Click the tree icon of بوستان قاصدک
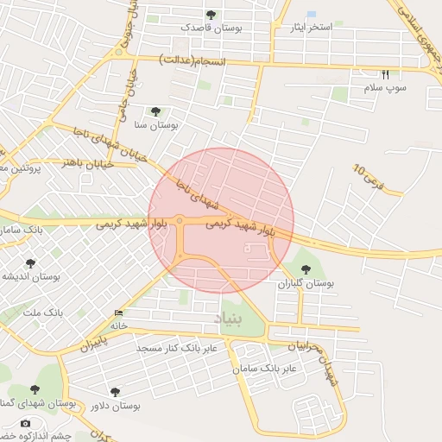[212, 15]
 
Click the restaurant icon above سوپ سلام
[385, 74]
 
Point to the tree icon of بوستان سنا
[155, 111]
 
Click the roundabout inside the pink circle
[180, 222]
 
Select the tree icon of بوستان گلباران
[305, 269]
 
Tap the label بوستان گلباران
[305, 283]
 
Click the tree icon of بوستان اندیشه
[31, 263]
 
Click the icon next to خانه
[118, 313]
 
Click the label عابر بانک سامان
[264, 369]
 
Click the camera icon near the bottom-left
[25, 424]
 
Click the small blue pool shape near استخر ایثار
[311, 14]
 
